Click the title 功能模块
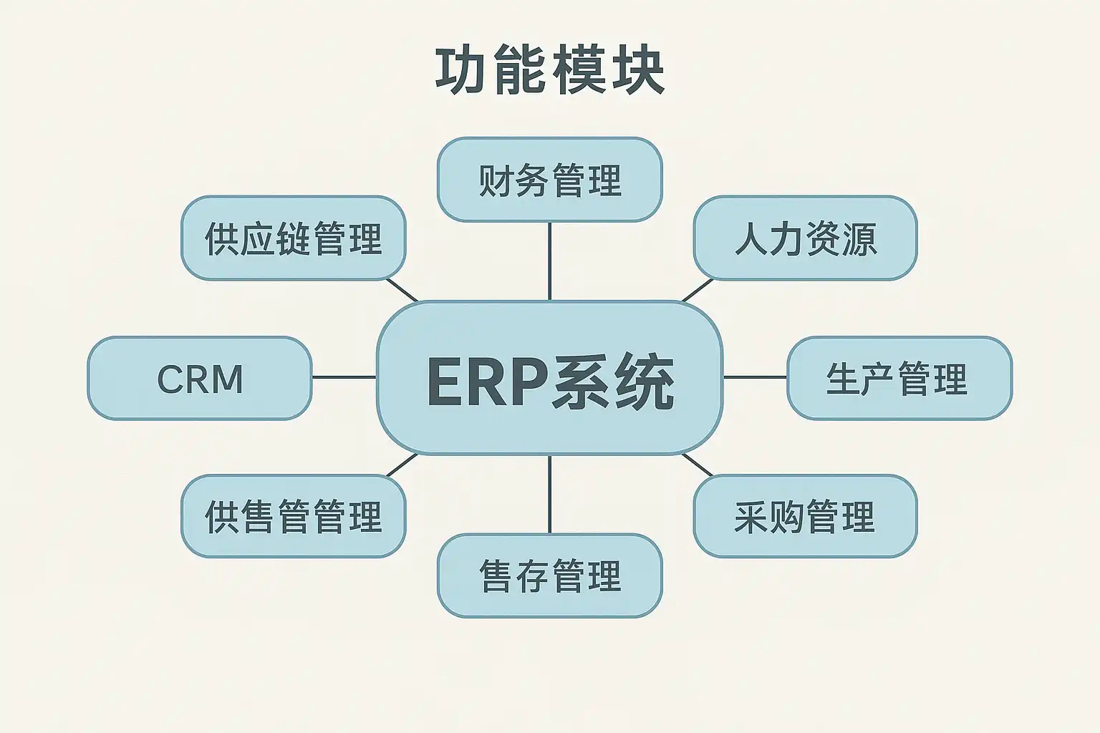pyautogui.click(x=550, y=71)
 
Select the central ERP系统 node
pyautogui.click(x=549, y=377)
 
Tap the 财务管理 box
pyautogui.click(x=549, y=180)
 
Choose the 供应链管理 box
pyautogui.click(x=294, y=238)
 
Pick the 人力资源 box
pyautogui.click(x=806, y=238)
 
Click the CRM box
pyautogui.click(x=200, y=378)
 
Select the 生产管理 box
pyautogui.click(x=899, y=378)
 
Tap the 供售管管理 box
pyautogui.click(x=294, y=516)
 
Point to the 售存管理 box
pyautogui.click(x=549, y=575)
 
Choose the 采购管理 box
pyautogui.click(x=806, y=516)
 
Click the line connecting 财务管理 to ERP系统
pyautogui.click(x=549, y=261)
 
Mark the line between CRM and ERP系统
pyautogui.click(x=344, y=377)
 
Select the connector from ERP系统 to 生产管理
pyautogui.click(x=756, y=377)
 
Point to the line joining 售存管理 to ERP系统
pyautogui.click(x=549, y=494)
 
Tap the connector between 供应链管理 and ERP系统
pyautogui.click(x=402, y=290)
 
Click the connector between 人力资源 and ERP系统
pyautogui.click(x=698, y=290)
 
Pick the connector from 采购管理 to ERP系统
pyautogui.click(x=698, y=465)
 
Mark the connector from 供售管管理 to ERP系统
pyautogui.click(x=402, y=465)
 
